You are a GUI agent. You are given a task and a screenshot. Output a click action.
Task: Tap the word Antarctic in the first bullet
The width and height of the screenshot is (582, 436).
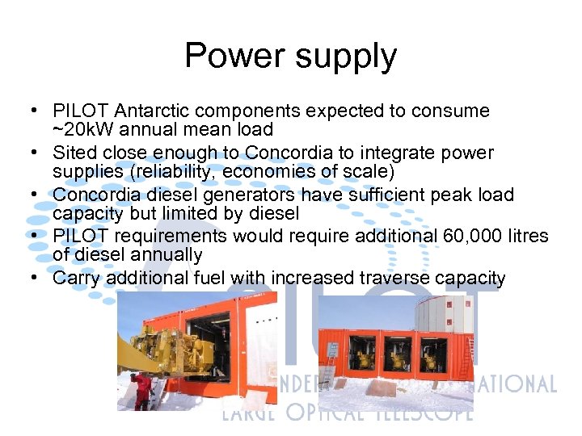[154, 111]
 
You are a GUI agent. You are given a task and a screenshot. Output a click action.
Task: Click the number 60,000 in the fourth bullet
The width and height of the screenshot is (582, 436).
[474, 236]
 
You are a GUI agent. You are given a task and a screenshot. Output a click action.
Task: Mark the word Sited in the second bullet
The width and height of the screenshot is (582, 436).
[74, 153]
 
